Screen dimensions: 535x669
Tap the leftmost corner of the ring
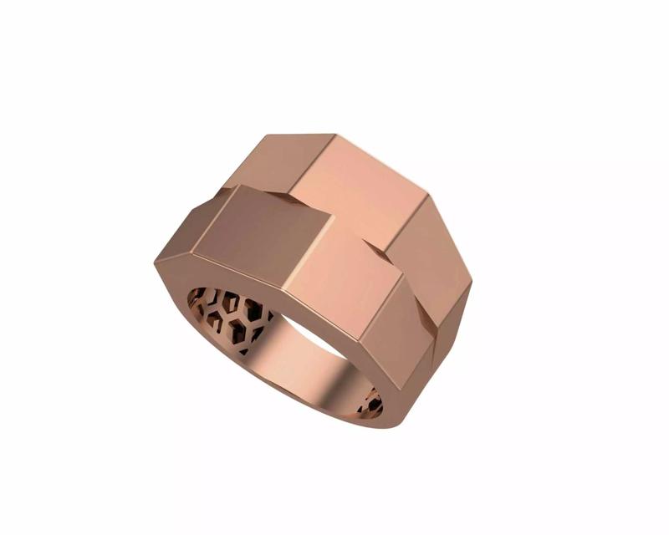(155, 264)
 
